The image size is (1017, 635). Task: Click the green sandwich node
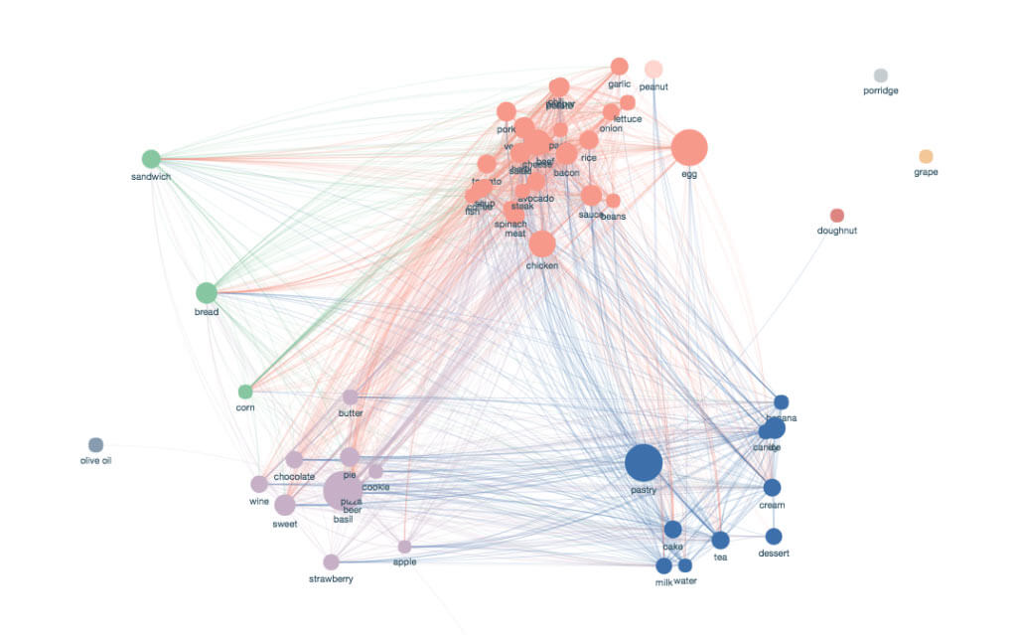151,159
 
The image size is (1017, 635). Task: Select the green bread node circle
206,293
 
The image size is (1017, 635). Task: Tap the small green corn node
245,392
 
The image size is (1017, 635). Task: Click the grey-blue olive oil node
95,444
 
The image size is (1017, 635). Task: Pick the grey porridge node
880,76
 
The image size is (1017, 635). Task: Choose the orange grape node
926,156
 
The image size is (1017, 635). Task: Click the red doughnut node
836,216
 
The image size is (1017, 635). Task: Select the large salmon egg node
688,148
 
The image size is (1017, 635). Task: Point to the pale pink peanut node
654,69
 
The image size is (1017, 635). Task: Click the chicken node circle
542,243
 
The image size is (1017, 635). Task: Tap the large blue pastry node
644,463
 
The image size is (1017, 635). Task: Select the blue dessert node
774,537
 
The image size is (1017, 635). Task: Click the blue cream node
772,488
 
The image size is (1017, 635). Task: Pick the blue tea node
720,540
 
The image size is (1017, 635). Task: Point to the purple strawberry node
331,562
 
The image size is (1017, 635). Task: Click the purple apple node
404,547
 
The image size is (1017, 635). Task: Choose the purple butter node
350,397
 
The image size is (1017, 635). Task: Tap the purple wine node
259,484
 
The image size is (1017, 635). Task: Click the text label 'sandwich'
151,177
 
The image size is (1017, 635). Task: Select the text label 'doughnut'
836,231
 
